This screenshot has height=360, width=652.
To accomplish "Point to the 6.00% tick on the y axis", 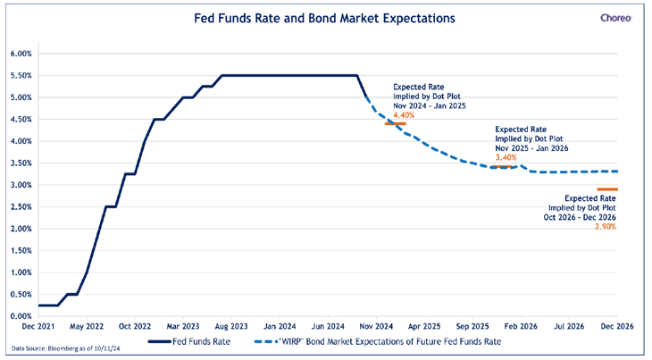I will coord(21,54).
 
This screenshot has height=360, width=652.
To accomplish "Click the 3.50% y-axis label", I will coord(21,163).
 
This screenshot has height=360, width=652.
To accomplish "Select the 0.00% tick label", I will coord(21,316).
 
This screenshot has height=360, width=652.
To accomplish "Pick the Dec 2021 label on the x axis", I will coord(39,327).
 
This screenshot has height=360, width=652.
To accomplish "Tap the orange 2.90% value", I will coord(605,227).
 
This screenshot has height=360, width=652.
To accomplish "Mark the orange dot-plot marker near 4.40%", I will coord(395,124).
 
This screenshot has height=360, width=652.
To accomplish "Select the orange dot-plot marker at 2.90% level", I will coord(608,189).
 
